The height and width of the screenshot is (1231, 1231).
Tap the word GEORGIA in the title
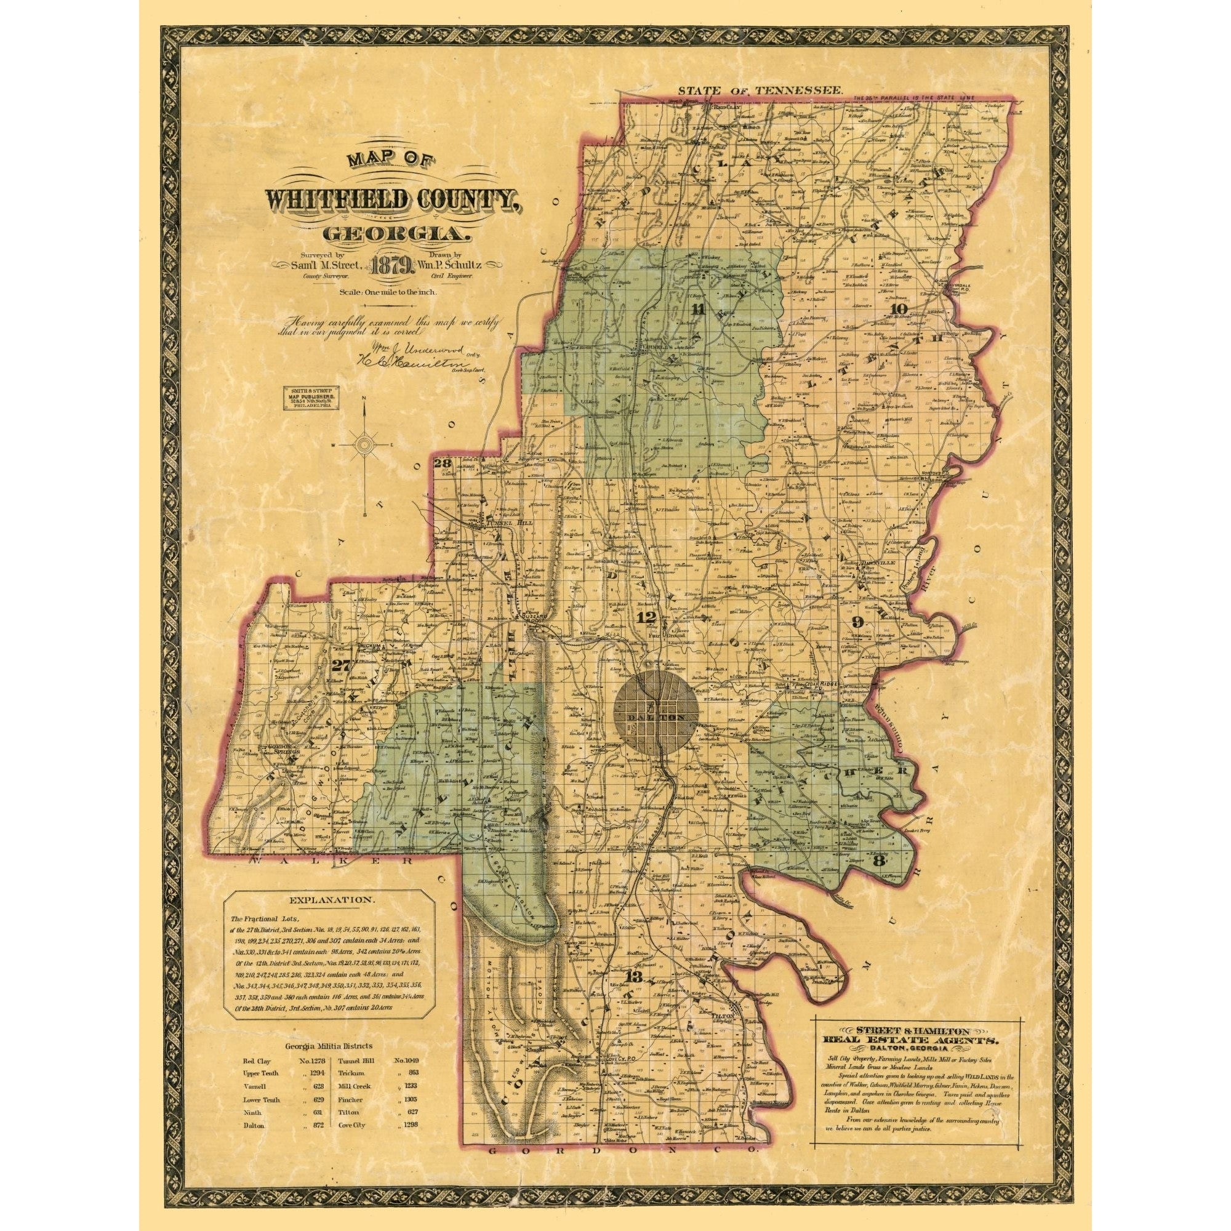point(397,234)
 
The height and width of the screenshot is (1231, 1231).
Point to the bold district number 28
point(441,463)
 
